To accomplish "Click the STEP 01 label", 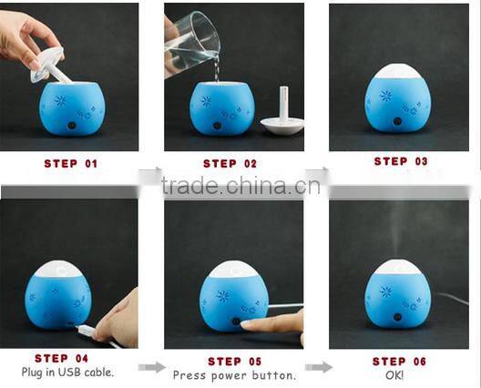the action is [x=71, y=164].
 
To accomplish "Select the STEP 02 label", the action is [x=230, y=164].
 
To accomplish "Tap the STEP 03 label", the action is [x=401, y=161].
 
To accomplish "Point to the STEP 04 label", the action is [x=61, y=358].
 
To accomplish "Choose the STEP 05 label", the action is [x=235, y=362].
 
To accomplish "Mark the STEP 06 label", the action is [x=399, y=362].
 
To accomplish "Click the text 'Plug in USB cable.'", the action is [x=67, y=373].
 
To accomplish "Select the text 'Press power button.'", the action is [x=235, y=375].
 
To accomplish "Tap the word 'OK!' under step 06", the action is [x=394, y=375].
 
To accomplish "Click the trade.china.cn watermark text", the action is [x=240, y=185].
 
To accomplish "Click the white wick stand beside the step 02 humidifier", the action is [x=282, y=114].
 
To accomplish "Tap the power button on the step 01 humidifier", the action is [x=72, y=126].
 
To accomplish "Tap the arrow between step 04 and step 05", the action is [x=151, y=367].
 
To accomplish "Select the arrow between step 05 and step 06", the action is [x=319, y=367].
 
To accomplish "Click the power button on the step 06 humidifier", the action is [x=398, y=317].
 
